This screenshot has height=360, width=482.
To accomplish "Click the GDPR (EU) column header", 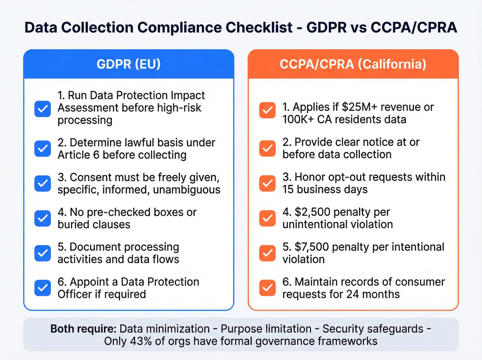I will [x=128, y=64].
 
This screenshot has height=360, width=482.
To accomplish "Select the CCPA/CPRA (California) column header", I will [x=353, y=64].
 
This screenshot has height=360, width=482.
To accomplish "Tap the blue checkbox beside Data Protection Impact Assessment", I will [x=43, y=109].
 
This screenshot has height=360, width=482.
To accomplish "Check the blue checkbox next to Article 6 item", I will [x=43, y=148].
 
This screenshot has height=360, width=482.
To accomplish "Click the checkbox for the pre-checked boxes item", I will [x=43, y=218].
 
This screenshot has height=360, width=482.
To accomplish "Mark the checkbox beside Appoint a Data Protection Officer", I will [x=43, y=288].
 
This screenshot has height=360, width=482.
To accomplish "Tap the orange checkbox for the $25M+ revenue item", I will [x=268, y=110].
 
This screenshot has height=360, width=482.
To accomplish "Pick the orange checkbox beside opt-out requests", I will [x=268, y=183].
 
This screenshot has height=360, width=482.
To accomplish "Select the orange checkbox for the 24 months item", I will [x=268, y=288].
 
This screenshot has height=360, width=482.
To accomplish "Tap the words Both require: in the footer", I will [x=83, y=329].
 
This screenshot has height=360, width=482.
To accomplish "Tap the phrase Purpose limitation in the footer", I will [x=266, y=329].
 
